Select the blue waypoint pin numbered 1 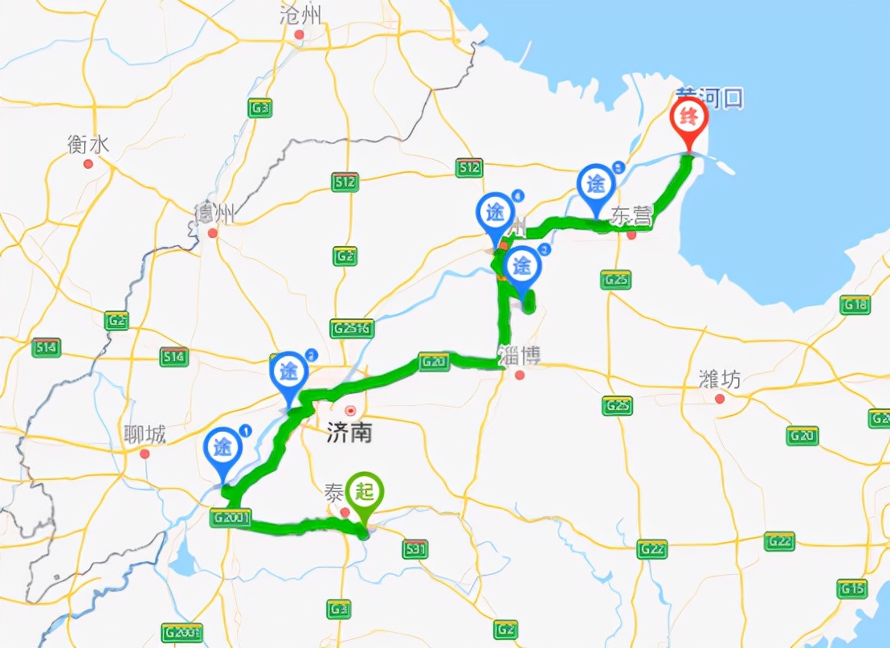pyautogui.click(x=224, y=448)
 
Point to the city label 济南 pyautogui.click(x=349, y=433)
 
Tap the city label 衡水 pyautogui.click(x=88, y=145)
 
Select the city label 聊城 pyautogui.click(x=145, y=435)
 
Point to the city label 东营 pyautogui.click(x=631, y=215)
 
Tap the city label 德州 pyautogui.click(x=214, y=215)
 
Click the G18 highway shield pyautogui.click(x=855, y=305)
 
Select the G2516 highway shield pyautogui.click(x=352, y=329)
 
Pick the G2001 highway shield pyautogui.click(x=233, y=519)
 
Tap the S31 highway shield pyautogui.click(x=414, y=549)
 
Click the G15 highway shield pyautogui.click(x=852, y=589)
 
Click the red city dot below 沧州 pyautogui.click(x=300, y=35)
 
